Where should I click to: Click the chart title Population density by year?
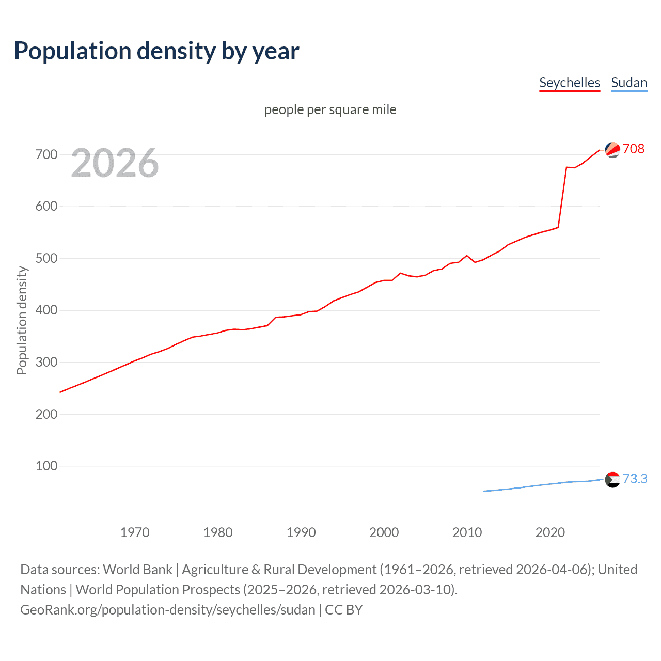(156, 51)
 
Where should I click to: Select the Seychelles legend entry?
(569, 83)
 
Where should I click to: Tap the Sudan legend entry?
(628, 83)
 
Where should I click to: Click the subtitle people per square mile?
(330, 109)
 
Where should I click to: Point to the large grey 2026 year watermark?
(115, 163)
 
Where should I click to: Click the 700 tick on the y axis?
(46, 154)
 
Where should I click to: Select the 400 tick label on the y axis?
(46, 310)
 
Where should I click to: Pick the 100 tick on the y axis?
(46, 466)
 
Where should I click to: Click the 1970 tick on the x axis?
(135, 532)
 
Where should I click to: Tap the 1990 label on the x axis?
(301, 532)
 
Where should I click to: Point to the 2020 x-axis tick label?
(550, 532)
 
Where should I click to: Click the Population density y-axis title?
(22, 320)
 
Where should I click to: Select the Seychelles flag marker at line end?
(612, 150)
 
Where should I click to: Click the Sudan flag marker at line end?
(612, 480)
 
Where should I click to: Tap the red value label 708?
(634, 149)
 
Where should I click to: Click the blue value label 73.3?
(635, 479)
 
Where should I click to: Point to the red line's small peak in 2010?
(467, 256)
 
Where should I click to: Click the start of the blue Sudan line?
(484, 491)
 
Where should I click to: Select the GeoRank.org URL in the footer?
(168, 610)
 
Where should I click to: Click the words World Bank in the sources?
(137, 570)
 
